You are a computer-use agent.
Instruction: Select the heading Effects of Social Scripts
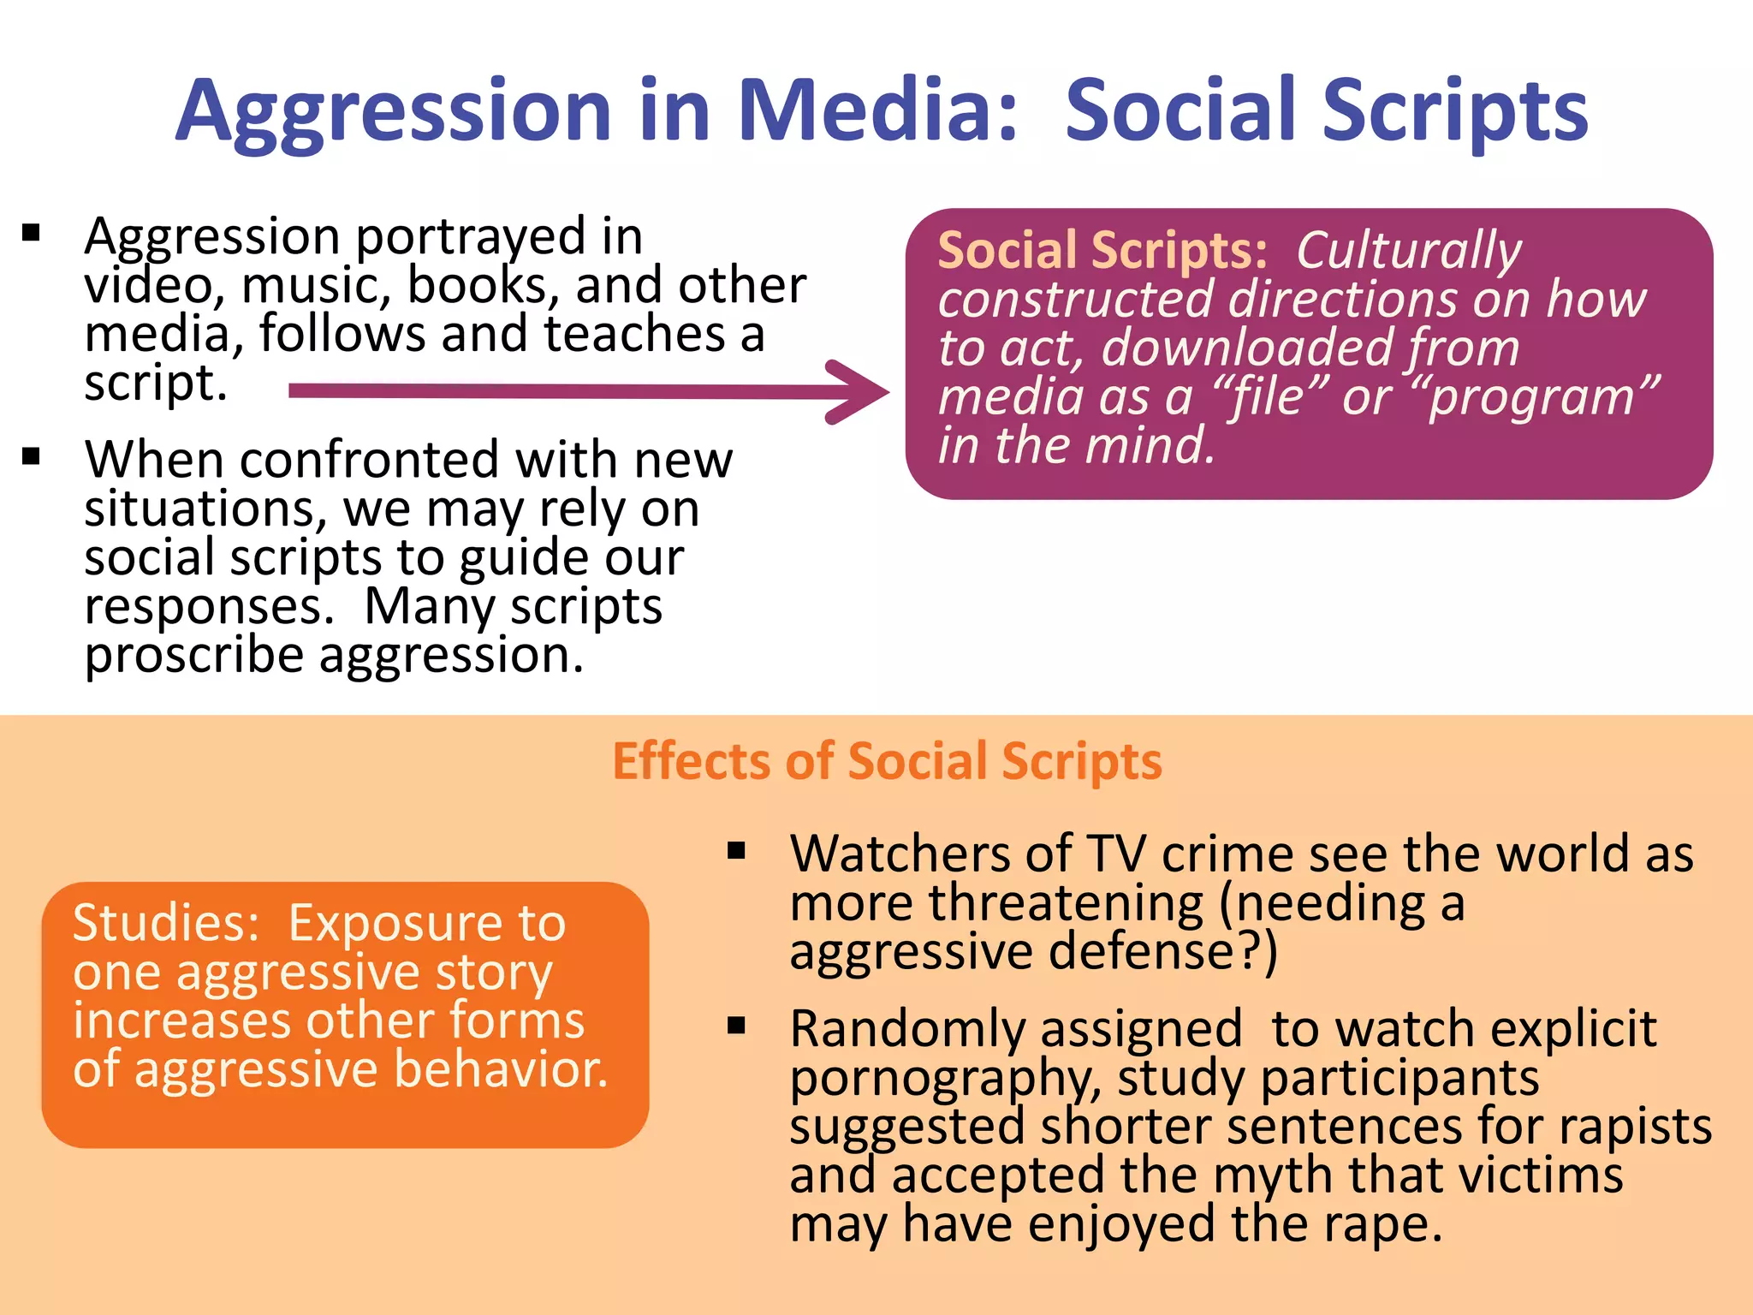(887, 761)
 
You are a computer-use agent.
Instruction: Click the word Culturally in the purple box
(1408, 251)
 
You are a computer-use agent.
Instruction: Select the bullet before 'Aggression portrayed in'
(32, 234)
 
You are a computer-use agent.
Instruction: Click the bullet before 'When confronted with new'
(32, 456)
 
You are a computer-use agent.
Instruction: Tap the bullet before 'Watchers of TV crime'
(736, 851)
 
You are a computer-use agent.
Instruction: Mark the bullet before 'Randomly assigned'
(736, 1026)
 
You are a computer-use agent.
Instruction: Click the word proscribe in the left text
(193, 657)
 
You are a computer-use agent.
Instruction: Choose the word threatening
(1066, 903)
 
